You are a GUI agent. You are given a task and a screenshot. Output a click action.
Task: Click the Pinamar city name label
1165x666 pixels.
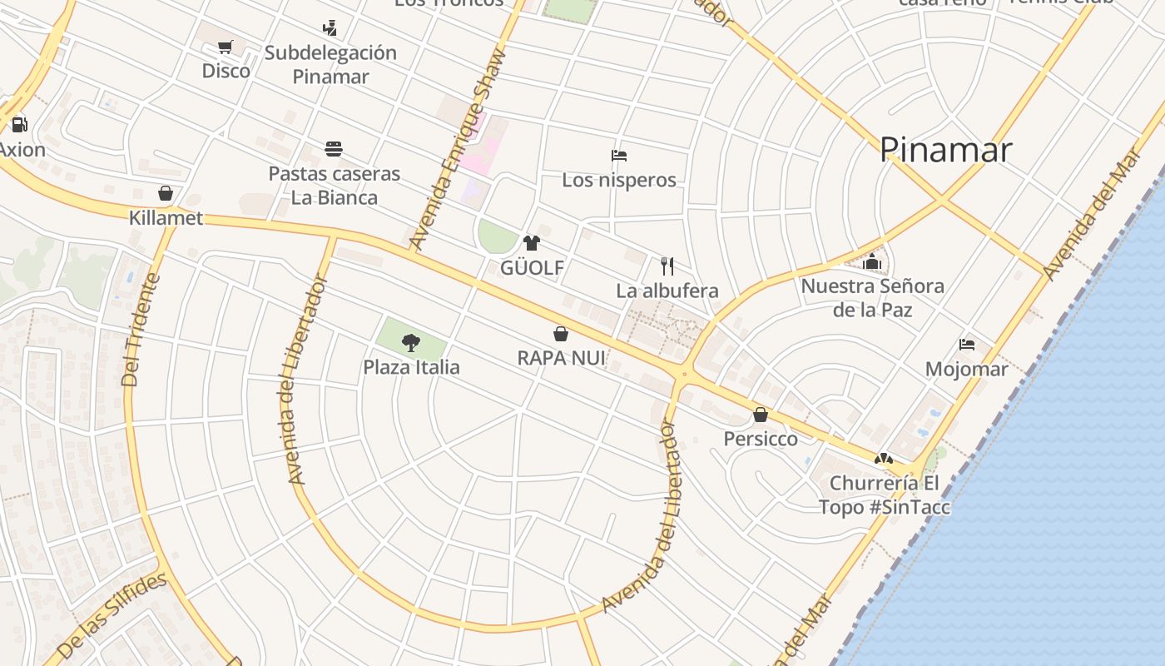[945, 150]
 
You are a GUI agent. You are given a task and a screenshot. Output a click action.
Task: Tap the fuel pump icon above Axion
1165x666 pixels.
[19, 125]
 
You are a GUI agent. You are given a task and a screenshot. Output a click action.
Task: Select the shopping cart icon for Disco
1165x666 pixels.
[225, 47]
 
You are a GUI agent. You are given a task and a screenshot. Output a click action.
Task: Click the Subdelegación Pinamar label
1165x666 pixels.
[330, 64]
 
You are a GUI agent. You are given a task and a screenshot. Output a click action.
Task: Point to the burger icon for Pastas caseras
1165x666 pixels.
[334, 149]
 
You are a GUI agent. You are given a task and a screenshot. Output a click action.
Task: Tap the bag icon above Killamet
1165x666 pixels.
[166, 193]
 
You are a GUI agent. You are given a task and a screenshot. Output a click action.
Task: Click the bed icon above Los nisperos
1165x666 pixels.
[618, 155]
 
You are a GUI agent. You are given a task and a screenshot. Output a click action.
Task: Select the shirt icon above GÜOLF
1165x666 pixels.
[531, 243]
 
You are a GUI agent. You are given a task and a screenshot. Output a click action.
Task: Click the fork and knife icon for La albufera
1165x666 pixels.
[667, 266]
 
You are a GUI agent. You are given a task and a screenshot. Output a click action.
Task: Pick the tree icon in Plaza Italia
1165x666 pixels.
[410, 341]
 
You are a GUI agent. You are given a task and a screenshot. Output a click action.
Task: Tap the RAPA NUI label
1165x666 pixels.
[561, 358]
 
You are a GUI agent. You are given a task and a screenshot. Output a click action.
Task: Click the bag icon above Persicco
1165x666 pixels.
[760, 414]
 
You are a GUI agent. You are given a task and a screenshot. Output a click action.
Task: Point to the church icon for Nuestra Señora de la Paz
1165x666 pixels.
[872, 261]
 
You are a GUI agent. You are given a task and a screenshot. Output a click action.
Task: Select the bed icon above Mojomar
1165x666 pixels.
[966, 344]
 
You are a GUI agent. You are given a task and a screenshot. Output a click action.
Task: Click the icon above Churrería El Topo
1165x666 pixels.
[883, 458]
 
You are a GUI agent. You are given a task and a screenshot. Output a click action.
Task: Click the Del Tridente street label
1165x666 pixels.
[141, 331]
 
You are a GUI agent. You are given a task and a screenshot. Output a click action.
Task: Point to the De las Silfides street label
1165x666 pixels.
[112, 616]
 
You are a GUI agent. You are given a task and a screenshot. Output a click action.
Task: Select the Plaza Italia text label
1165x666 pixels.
[411, 367]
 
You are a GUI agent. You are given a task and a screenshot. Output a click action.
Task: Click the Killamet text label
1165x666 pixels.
[166, 218]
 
